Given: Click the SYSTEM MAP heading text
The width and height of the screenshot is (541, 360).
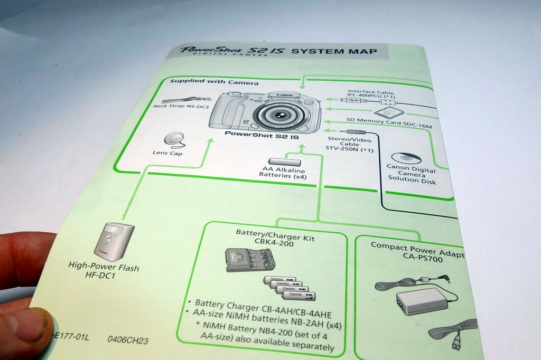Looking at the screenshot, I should pyautogui.click(x=334, y=52).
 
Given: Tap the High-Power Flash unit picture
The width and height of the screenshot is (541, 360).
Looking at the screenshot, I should pyautogui.click(x=114, y=241).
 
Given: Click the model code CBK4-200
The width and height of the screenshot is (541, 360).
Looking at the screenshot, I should pyautogui.click(x=275, y=247).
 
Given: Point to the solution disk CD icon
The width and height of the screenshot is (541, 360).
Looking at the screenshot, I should pyautogui.click(x=407, y=158).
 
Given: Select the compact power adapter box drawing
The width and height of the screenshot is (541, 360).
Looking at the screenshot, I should pyautogui.click(x=422, y=302).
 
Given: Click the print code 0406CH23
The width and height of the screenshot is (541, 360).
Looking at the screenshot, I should pyautogui.click(x=127, y=341).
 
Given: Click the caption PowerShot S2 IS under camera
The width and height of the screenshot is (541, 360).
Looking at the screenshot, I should pyautogui.click(x=262, y=135).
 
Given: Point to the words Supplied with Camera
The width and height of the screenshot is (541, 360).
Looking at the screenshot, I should pyautogui.click(x=214, y=82).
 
